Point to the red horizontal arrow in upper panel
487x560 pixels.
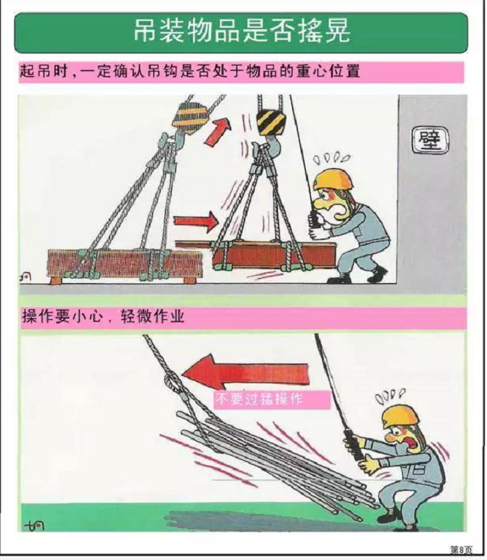[x=196, y=222]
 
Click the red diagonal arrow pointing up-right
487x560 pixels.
[x=217, y=131]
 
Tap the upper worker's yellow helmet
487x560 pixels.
[x=332, y=177]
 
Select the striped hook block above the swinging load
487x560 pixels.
[x=271, y=123]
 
